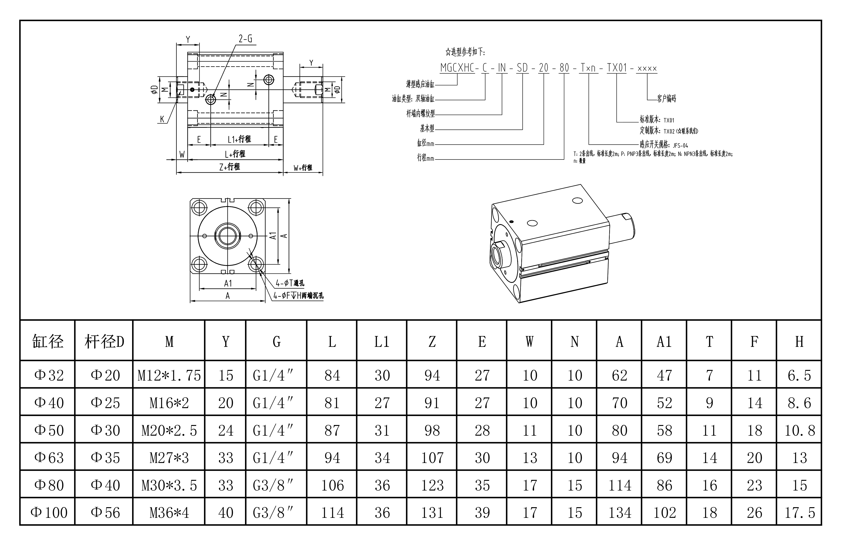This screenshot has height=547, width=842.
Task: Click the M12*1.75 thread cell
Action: pyautogui.click(x=169, y=375)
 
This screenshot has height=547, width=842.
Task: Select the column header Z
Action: pyautogui.click(x=432, y=342)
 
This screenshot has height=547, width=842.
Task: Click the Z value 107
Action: pyautogui.click(x=432, y=458)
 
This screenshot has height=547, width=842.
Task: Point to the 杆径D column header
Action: pyautogui.click(x=104, y=342)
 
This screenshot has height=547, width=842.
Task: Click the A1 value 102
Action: pyautogui.click(x=664, y=512)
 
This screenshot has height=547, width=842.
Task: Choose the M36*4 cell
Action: pyautogui.click(x=169, y=512)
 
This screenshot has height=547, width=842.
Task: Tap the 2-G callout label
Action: pyautogui.click(x=245, y=39)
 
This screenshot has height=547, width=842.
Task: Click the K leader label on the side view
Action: pyautogui.click(x=162, y=119)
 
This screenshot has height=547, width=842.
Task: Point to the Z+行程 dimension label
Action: pyautogui.click(x=230, y=166)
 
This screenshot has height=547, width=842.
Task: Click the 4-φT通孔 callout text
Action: pyautogui.click(x=290, y=283)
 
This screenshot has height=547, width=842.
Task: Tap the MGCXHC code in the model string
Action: pyautogui.click(x=457, y=68)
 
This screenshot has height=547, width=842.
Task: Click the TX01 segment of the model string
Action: pyautogui.click(x=617, y=68)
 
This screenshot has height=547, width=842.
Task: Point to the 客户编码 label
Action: pyautogui.click(x=667, y=98)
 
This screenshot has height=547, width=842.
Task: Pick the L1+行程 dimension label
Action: pyautogui.click(x=239, y=139)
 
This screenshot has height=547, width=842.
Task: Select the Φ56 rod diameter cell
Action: pyautogui.click(x=105, y=512)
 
